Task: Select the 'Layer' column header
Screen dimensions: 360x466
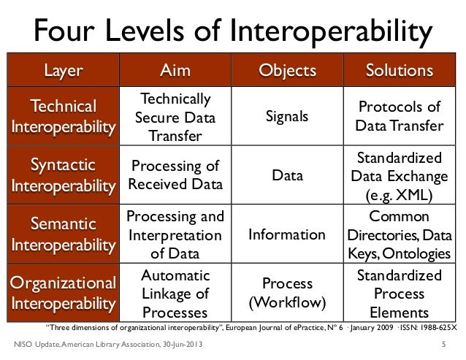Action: [x=64, y=71]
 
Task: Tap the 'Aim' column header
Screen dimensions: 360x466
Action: [x=175, y=71]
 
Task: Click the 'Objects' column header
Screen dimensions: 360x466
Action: [x=288, y=71]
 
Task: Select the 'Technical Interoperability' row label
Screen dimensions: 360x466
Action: [x=64, y=117]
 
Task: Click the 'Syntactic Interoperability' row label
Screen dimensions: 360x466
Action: [x=64, y=175]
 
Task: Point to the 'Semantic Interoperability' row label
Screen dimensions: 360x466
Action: [x=64, y=234]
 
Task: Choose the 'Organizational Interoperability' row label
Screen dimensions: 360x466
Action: [x=64, y=292]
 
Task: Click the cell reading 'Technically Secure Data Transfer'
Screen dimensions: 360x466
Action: [x=175, y=117]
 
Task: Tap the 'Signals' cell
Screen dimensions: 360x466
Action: [x=288, y=117]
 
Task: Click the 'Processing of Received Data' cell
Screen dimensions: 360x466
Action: [x=175, y=175]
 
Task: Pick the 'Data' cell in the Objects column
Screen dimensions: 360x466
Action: [x=288, y=176]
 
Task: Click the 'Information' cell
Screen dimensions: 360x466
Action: [x=288, y=234]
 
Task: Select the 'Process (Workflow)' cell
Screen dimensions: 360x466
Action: [x=288, y=292]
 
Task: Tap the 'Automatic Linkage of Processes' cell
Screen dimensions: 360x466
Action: [x=175, y=293]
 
